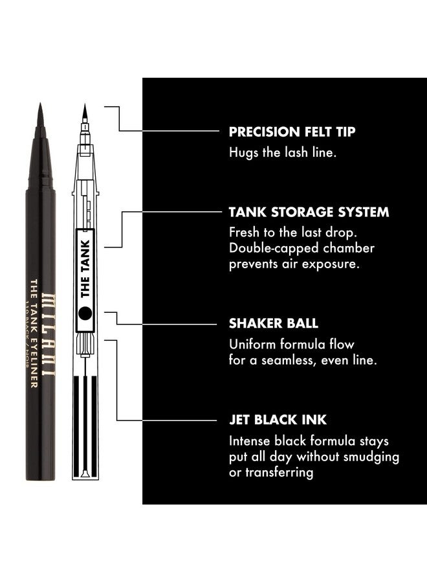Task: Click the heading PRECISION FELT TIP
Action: coord(292,131)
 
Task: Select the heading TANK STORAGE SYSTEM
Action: coord(309,212)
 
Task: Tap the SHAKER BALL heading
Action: coord(274,323)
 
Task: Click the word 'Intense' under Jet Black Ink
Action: coord(250,441)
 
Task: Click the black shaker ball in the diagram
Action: coord(84,313)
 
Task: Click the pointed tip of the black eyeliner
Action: coord(41,108)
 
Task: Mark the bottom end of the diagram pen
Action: coord(85,476)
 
